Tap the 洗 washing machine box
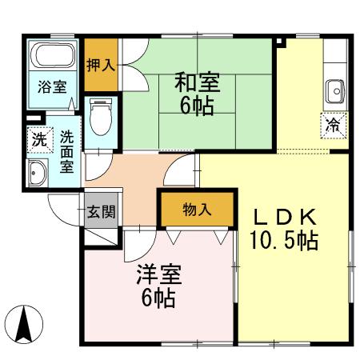pos(38,138)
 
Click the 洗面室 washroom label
pos(66,150)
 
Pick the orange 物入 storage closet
pos(197,210)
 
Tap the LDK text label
pos(286,218)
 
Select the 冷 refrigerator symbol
pos(333,124)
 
